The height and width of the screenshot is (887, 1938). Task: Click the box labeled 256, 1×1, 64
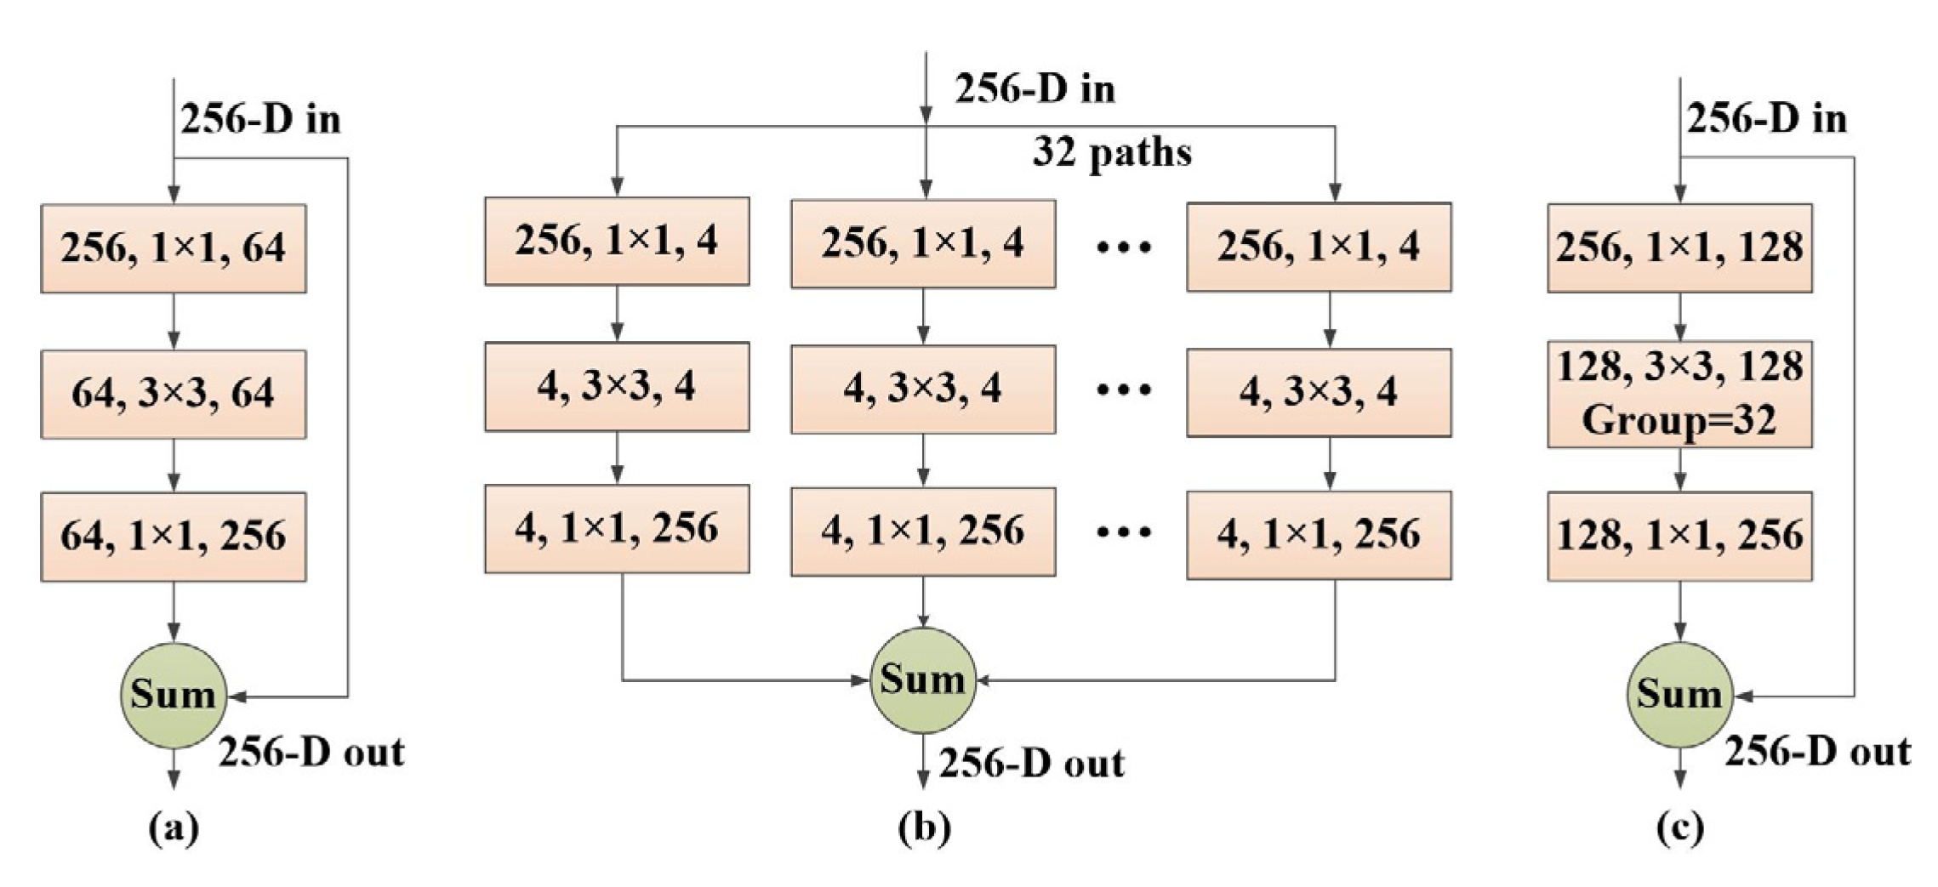pos(174,248)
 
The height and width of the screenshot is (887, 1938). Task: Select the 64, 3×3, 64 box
pos(174,394)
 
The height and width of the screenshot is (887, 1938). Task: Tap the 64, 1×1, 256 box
pos(174,537)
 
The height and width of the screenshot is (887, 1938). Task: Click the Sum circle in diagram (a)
pos(174,696)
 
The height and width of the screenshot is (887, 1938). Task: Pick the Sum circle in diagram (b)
pos(923,680)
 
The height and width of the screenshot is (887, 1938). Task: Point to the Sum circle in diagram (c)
pos(1679,696)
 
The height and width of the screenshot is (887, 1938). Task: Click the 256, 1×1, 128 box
pos(1679,248)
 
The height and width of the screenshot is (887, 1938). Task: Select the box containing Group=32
pos(1679,394)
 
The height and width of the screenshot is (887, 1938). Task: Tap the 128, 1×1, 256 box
pos(1679,537)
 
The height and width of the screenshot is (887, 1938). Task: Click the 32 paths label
pos(1112,153)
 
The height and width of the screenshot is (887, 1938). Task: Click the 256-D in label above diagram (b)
pos(1035,89)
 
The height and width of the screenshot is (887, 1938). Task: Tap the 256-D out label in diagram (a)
pos(311,753)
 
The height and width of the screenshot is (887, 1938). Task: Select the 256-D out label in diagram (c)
pos(1817,753)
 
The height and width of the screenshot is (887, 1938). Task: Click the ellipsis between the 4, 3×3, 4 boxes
pos(1123,390)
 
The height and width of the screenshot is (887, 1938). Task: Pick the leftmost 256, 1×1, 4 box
pos(617,242)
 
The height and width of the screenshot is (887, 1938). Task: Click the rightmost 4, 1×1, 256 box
pos(1319,535)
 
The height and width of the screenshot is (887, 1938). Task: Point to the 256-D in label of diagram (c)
pos(1767,119)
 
